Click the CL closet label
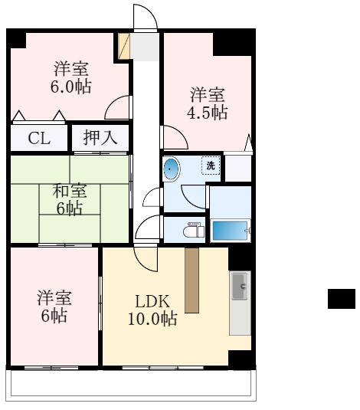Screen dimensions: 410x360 tap(36, 139)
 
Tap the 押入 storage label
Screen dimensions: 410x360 tap(100, 139)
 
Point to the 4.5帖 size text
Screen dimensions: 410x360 tap(208, 113)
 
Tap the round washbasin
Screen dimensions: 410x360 tap(171, 169)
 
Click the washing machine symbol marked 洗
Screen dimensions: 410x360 tap(210, 164)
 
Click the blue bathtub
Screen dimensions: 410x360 tap(231, 230)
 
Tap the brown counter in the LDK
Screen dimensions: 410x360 tap(191, 279)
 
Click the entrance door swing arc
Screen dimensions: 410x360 tap(145, 17)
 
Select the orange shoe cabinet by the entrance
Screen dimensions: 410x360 tap(123, 46)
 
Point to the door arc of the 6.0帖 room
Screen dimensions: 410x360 tap(117, 108)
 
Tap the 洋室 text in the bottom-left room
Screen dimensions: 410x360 tap(54, 297)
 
